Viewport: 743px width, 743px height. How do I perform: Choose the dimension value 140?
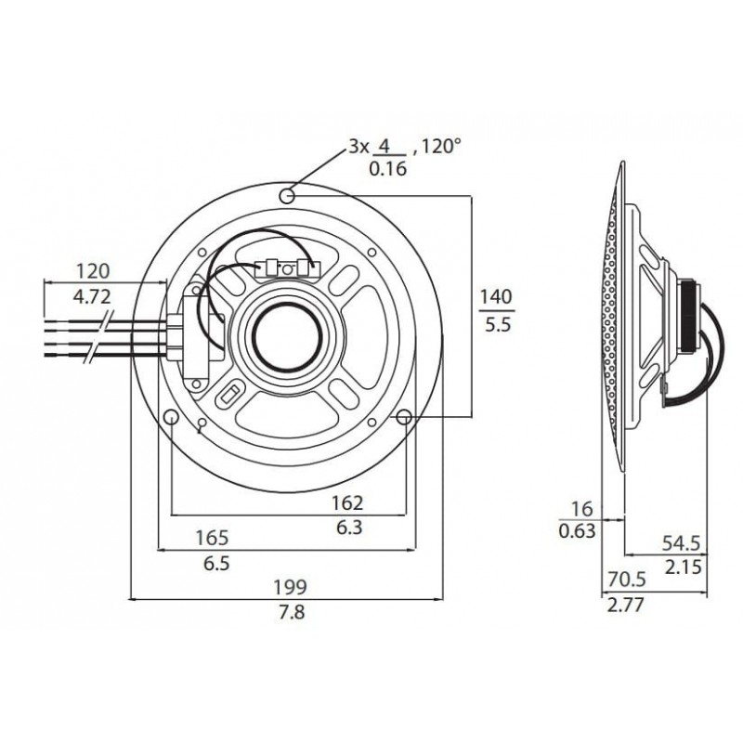pos(495,298)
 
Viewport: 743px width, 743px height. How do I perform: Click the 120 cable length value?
pos(93,271)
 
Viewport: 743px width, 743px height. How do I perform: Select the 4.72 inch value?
pos(93,298)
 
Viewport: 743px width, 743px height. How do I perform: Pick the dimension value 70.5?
pos(625,580)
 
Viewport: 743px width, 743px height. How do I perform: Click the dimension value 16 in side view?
pos(581,508)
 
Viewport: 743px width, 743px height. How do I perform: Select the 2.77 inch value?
pos(624,606)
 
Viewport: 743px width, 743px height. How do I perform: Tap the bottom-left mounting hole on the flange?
pos(171,418)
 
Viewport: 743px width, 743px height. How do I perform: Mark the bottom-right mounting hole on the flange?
pos(404,419)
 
